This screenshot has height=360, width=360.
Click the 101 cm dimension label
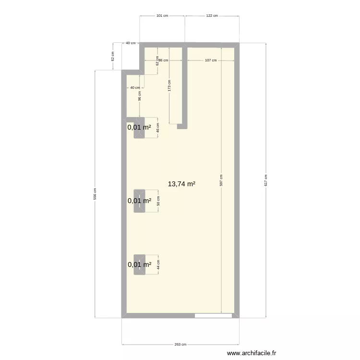point(162,16)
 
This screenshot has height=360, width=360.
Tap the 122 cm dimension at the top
point(212,16)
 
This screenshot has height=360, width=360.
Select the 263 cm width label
point(180,345)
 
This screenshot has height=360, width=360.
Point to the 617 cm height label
point(266,180)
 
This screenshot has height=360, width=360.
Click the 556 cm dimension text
point(95,193)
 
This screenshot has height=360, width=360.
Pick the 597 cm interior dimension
point(221,180)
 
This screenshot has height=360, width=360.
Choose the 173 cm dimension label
point(169,85)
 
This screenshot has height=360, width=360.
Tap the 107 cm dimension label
point(210,60)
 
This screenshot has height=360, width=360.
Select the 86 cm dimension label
point(163,60)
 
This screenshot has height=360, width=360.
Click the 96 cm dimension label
point(140,96)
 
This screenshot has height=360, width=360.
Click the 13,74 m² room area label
point(181,184)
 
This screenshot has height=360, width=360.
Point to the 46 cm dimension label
point(158,128)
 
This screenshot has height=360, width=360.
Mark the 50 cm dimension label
point(158,201)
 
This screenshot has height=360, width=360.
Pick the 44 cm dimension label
point(158,264)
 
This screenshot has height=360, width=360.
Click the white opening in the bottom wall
point(213,316)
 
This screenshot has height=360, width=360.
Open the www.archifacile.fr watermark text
point(252,353)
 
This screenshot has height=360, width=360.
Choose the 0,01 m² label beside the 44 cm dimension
point(139,264)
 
